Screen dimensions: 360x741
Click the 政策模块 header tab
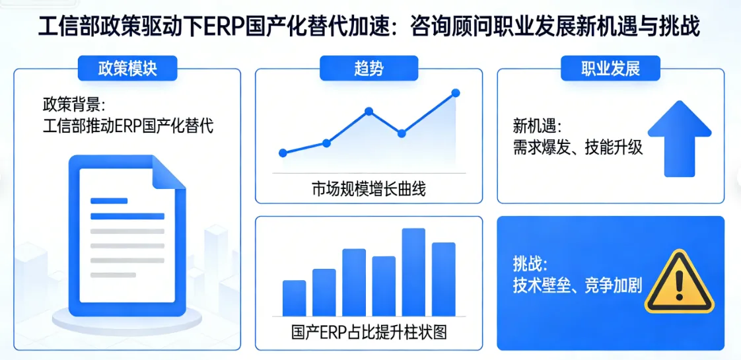click(x=127, y=68)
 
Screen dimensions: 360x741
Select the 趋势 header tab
click(x=369, y=68)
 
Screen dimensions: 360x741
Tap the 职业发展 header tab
click(x=610, y=68)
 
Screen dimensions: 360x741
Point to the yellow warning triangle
click(x=679, y=283)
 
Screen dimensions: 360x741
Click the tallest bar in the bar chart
click(x=413, y=271)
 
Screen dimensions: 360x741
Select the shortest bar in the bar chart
click(x=294, y=298)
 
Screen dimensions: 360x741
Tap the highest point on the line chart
click(x=455, y=93)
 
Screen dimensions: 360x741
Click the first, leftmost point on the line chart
click(x=283, y=153)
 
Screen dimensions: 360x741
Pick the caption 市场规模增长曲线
click(x=369, y=189)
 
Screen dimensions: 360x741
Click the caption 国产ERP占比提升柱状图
click(x=369, y=332)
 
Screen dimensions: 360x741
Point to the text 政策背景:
click(x=74, y=104)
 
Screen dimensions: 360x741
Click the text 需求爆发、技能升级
click(x=577, y=147)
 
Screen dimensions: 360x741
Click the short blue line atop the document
click(x=109, y=201)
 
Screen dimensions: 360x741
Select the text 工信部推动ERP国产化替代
click(x=127, y=126)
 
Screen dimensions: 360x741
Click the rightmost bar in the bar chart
click(x=444, y=279)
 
